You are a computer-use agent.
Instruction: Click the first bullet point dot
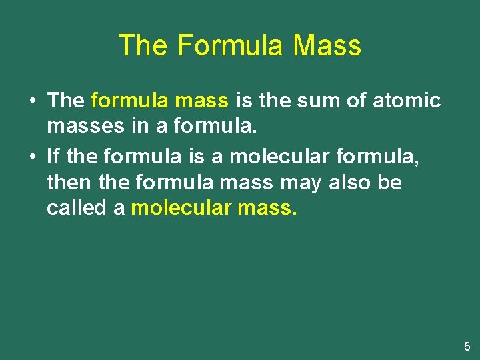pos(33,101)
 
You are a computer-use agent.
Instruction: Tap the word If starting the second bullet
pos(53,157)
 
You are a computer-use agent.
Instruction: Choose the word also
pos(351,183)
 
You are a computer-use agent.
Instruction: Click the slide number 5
pos(467,347)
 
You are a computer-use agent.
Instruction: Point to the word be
pos(389,183)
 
